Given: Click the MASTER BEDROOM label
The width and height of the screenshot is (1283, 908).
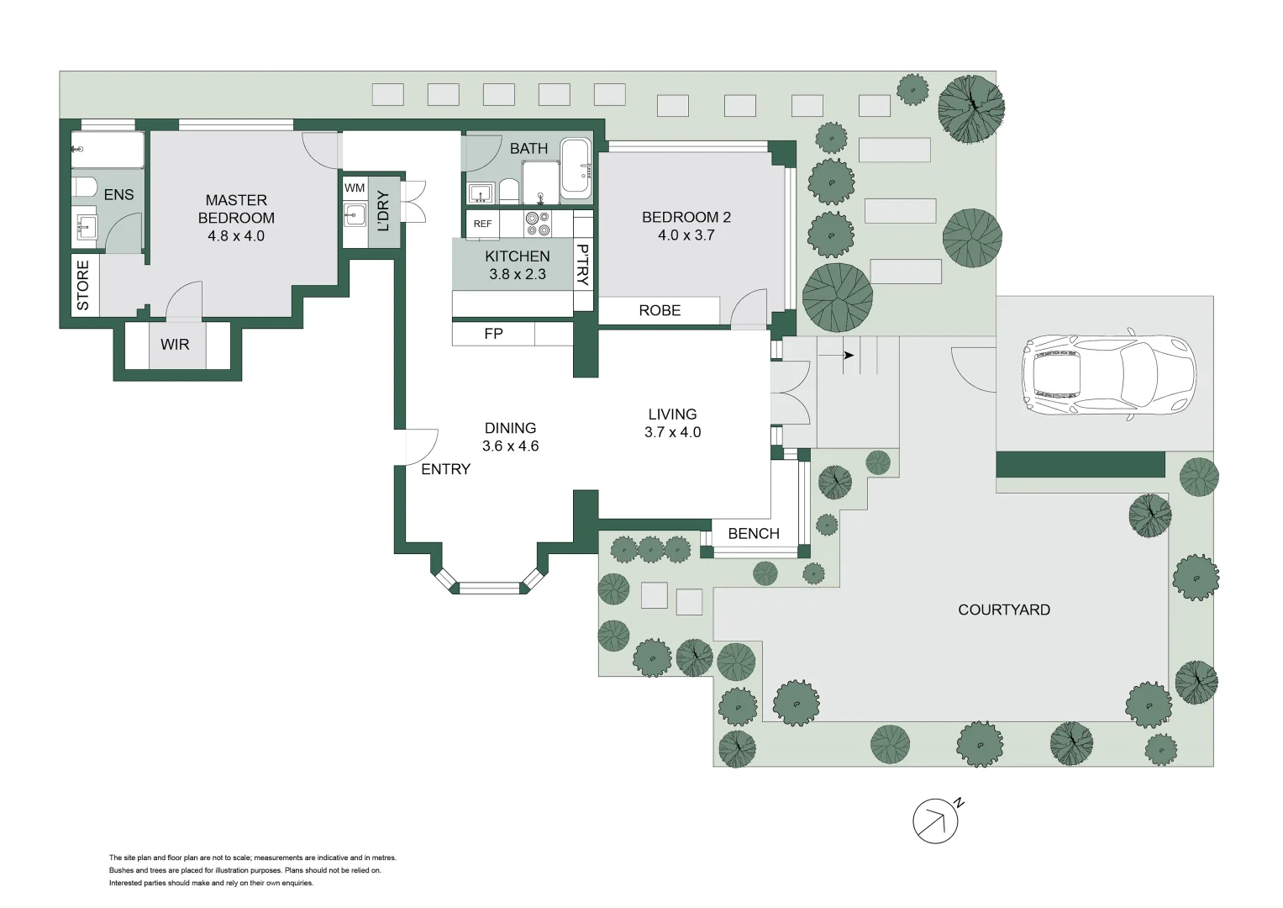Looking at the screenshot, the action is tap(236, 209).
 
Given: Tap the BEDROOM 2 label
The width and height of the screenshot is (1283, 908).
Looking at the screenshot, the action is tap(686, 217).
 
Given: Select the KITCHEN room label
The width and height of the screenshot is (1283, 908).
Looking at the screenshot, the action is tap(517, 256).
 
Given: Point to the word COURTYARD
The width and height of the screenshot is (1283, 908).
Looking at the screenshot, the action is tap(1003, 610).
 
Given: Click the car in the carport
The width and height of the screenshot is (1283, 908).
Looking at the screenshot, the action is tap(1107, 377).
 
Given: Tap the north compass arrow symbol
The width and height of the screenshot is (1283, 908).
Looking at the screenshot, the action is tap(936, 820).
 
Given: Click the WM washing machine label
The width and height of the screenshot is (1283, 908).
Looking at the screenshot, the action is tap(355, 188).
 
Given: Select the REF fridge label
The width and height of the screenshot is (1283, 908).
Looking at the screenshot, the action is tap(482, 224).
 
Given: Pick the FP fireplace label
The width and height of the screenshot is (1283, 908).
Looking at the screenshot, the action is tap(493, 334).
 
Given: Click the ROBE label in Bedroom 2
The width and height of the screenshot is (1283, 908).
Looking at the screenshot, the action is tap(660, 310).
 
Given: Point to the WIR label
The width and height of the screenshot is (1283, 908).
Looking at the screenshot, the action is tap(175, 344).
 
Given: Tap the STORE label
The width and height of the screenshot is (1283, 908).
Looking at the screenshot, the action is tap(82, 285).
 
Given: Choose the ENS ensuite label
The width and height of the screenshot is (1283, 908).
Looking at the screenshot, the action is tap(118, 194).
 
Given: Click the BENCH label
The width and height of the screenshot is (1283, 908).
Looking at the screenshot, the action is tap(754, 533).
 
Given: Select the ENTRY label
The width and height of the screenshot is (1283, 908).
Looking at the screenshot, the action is tap(445, 469).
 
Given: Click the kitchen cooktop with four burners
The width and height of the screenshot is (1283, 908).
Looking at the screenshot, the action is tap(537, 223).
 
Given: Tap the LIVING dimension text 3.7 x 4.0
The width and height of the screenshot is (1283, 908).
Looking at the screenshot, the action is tap(672, 432).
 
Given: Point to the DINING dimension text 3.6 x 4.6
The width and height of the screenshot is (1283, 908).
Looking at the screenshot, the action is tap(510, 446).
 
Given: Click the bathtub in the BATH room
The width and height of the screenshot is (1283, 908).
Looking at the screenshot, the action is tap(576, 166).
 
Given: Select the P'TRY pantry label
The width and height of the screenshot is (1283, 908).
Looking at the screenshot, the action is tap(582, 265).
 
